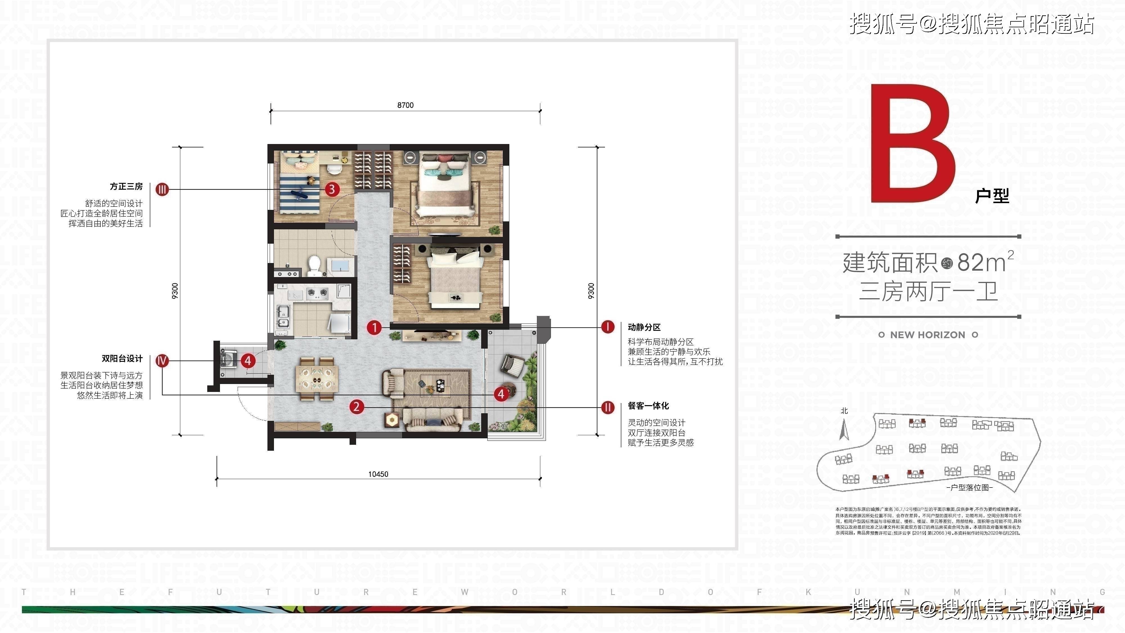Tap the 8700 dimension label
(405, 105)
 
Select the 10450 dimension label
(378, 474)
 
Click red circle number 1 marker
(374, 327)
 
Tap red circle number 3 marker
(332, 189)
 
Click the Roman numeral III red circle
(162, 190)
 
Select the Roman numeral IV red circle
(162, 361)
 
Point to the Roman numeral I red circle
(608, 327)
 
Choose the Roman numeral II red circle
(608, 408)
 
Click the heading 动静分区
(644, 327)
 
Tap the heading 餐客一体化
(648, 406)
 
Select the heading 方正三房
(126, 187)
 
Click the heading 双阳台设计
(122, 359)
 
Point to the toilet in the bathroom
(314, 265)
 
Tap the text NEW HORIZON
(928, 335)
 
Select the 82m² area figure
(985, 262)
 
